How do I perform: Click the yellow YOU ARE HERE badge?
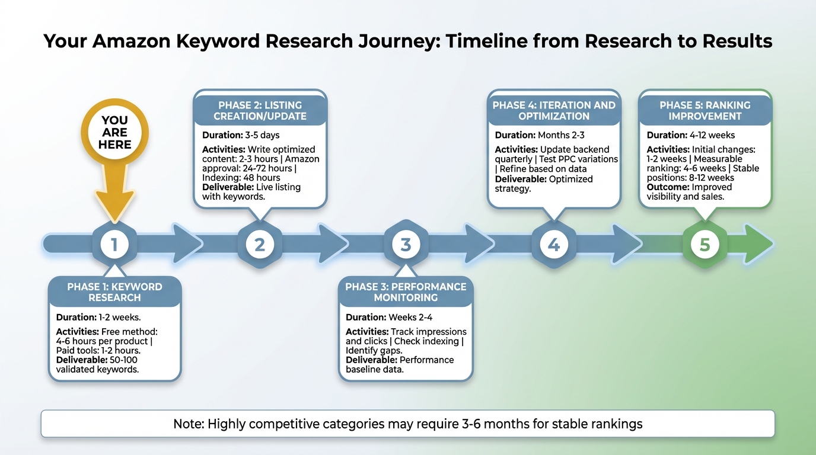pos(114,132)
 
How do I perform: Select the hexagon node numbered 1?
pos(114,244)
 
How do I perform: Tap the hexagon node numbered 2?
pos(260,244)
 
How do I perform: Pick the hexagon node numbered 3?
pos(406,244)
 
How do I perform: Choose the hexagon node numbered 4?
pos(553,244)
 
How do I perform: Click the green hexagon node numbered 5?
pos(705,244)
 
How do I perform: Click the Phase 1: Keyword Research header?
pos(114,292)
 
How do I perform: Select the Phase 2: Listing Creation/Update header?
pos(260,111)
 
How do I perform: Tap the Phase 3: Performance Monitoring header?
pos(406,292)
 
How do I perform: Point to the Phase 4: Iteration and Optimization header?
pos(553,111)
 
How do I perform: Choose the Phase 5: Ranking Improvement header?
pos(705,111)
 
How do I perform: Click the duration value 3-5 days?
pos(262,135)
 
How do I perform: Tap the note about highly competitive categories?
pos(407,424)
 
